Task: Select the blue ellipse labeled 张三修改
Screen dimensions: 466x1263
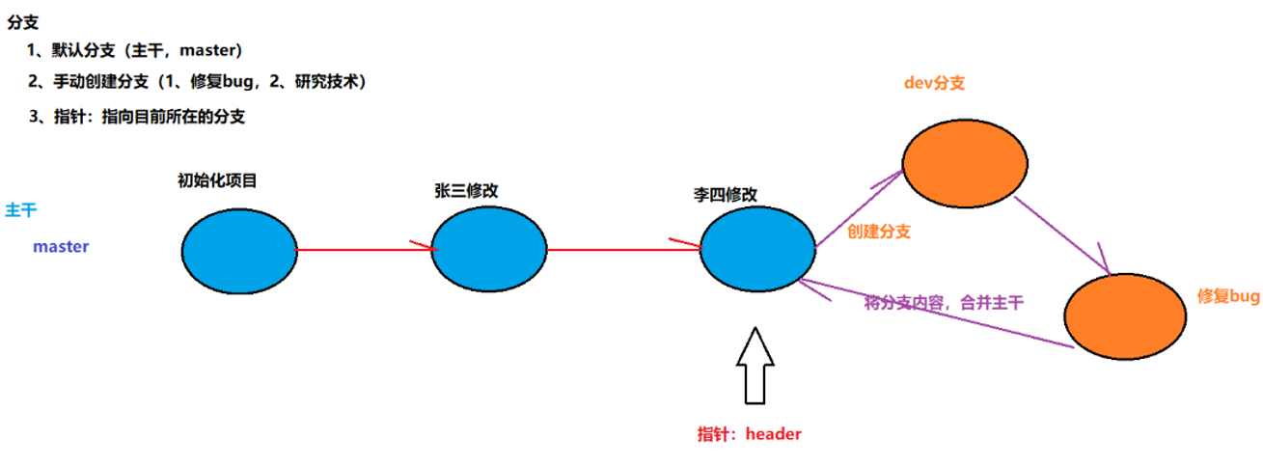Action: [x=489, y=250]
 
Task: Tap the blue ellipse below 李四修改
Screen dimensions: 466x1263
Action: [x=758, y=250]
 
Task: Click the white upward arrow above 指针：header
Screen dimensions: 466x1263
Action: [x=755, y=367]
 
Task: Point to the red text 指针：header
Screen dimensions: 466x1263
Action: [x=750, y=434]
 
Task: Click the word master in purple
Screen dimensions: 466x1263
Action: [x=61, y=247]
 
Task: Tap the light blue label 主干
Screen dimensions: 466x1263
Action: [x=21, y=210]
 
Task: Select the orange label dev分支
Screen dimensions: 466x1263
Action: [x=934, y=84]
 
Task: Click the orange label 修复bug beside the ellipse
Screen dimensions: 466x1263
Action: [x=1228, y=297]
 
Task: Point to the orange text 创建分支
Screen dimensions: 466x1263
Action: [x=879, y=232]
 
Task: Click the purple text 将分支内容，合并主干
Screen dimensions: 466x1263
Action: [x=944, y=303]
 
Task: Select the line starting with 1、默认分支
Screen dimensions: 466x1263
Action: [x=135, y=50]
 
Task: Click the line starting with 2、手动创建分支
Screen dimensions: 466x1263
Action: [x=198, y=82]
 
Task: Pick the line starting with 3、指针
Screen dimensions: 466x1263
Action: [x=137, y=117]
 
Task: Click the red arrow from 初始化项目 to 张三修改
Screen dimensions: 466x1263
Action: [x=364, y=250]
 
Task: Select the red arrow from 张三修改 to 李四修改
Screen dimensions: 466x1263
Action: [x=623, y=250]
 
